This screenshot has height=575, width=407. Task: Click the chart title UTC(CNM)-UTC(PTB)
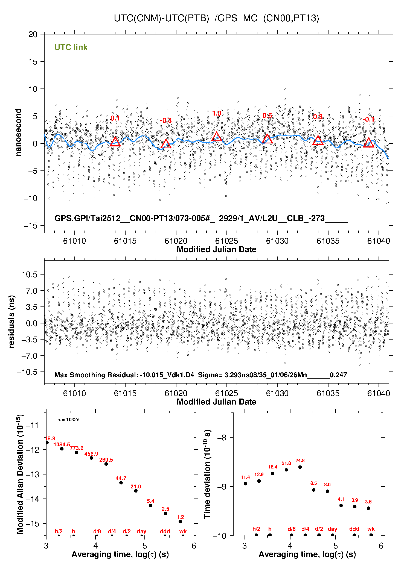161,18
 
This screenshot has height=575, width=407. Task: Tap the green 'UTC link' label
71,47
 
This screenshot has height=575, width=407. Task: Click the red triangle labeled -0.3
166,144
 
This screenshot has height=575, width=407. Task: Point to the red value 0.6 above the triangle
267,116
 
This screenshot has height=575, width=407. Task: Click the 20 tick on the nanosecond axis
33,34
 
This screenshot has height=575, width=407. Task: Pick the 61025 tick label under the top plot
226,241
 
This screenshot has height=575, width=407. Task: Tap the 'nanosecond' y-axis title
18,132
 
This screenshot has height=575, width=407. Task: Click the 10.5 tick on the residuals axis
30,275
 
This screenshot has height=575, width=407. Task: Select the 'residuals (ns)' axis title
11,322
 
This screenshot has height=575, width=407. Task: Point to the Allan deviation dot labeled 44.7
121,483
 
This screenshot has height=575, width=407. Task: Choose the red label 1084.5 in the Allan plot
62,444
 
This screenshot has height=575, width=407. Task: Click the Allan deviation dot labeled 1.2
180,521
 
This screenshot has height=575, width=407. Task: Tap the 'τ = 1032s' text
69,420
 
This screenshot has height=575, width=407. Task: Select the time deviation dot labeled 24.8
300,467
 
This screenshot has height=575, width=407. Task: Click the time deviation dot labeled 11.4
245,483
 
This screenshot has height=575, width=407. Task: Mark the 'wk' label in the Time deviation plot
371,529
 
